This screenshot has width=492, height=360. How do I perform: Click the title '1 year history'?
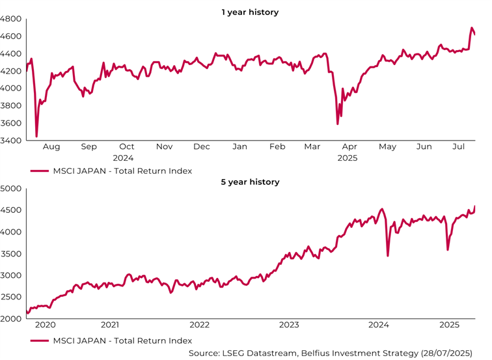click(x=250, y=12)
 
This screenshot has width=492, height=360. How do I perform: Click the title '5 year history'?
click(x=250, y=182)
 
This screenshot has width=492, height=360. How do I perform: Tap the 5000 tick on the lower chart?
click(x=12, y=189)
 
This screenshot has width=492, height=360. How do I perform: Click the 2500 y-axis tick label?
click(x=12, y=298)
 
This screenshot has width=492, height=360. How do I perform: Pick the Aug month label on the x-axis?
click(x=51, y=147)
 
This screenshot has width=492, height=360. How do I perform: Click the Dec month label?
click(x=202, y=147)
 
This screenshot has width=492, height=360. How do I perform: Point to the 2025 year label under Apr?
click(x=348, y=158)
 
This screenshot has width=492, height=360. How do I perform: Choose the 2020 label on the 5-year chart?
click(x=45, y=324)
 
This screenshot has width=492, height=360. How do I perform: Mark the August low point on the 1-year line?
click(x=36, y=136)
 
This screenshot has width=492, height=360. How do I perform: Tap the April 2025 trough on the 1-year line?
click(x=338, y=124)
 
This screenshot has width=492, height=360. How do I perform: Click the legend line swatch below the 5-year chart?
click(x=38, y=340)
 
